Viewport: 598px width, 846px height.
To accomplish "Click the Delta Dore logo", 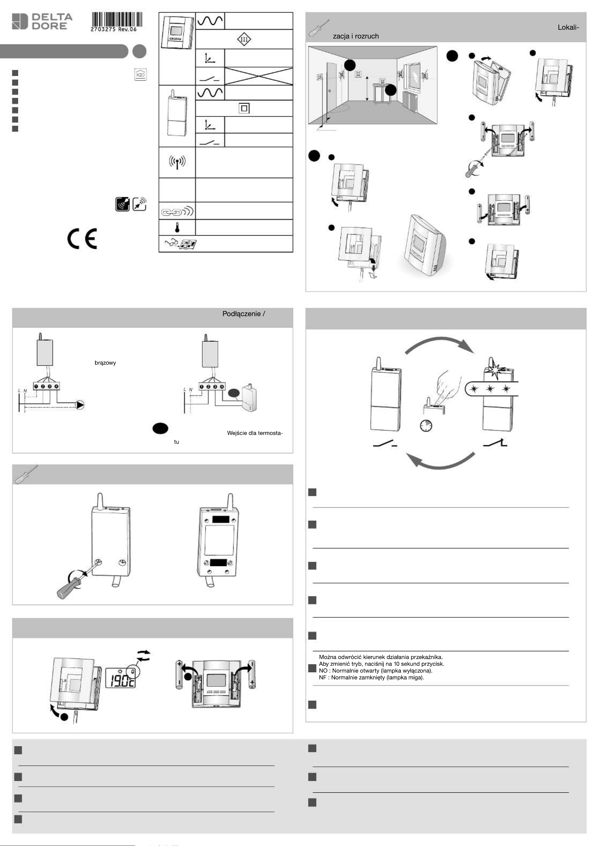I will pos(42,21).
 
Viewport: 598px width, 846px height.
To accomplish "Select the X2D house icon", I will pos(140,74).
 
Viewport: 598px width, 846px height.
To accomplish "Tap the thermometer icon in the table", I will pos(177,228).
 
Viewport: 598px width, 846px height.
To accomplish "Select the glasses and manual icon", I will pos(180,244).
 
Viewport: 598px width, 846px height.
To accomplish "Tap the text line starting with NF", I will pos(371,677).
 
